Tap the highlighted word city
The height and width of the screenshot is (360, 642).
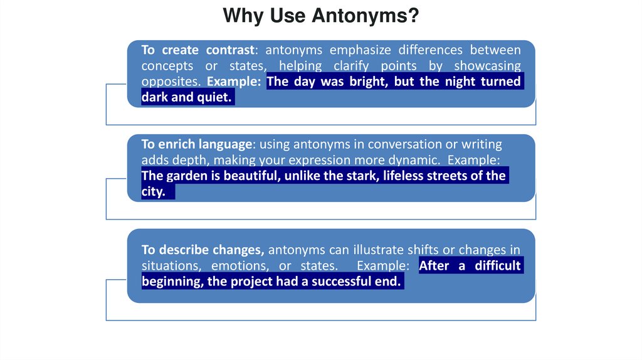point(153,192)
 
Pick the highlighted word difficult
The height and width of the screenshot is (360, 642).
point(497,266)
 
